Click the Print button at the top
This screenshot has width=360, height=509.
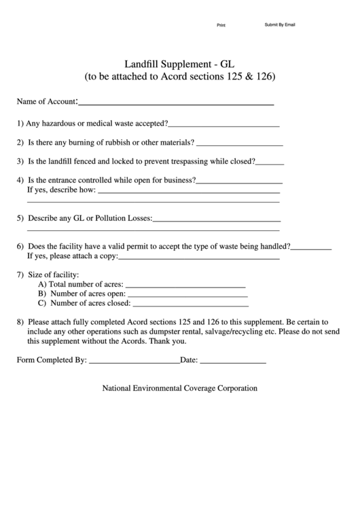[221, 25]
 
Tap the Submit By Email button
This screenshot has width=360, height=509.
[279, 24]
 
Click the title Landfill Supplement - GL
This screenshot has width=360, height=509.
[179, 62]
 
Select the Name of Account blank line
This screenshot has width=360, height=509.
[176, 103]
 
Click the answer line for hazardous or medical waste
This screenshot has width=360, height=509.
[224, 125]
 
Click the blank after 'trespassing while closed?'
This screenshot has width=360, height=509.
[270, 163]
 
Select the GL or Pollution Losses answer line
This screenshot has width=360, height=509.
[217, 220]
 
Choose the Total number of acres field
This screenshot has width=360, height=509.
[185, 285]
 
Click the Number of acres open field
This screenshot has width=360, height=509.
[187, 294]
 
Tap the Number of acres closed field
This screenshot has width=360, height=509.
[190, 304]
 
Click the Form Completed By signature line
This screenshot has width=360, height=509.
[134, 362]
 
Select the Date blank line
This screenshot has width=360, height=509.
[233, 362]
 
